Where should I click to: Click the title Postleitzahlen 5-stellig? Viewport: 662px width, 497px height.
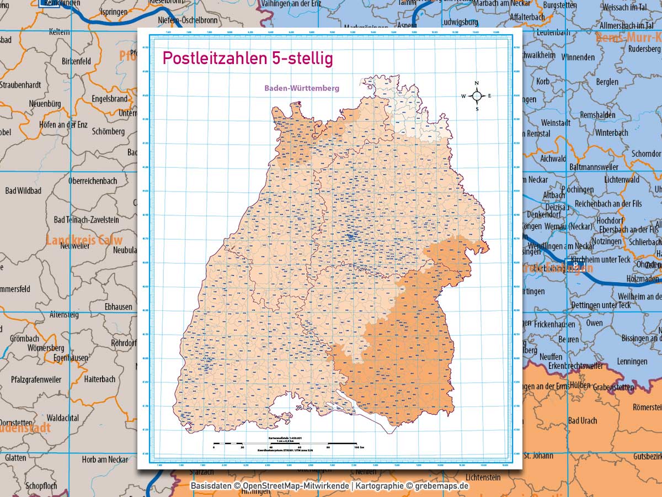tap(247, 59)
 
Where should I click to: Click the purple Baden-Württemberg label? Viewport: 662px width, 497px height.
tap(301, 88)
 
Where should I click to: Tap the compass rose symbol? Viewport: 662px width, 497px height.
tap(477, 96)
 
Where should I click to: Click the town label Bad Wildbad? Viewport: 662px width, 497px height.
tap(23, 191)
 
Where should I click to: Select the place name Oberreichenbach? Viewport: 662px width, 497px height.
tap(92, 181)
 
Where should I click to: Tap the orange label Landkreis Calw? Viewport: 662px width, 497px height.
tap(84, 240)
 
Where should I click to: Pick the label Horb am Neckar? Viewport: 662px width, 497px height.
tap(105, 459)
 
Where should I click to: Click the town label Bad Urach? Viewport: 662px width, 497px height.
tap(582, 421)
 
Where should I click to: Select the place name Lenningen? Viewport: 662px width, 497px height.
tap(632, 361)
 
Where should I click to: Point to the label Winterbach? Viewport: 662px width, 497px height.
tap(611, 133)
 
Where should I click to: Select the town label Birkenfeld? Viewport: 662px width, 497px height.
tap(76, 61)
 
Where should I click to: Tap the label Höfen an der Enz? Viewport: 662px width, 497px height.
tap(63, 125)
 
